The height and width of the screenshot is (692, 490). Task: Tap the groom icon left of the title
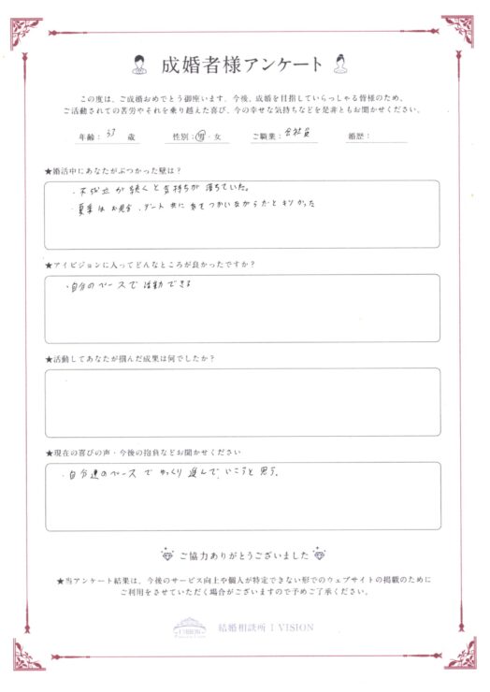pyautogui.click(x=138, y=65)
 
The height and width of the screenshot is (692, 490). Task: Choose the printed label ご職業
pyautogui.click(x=266, y=137)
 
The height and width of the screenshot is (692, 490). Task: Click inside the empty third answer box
pyautogui.click(x=242, y=402)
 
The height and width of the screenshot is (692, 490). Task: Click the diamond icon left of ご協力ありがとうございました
pyautogui.click(x=168, y=554)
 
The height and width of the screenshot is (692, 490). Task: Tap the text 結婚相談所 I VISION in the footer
pyautogui.click(x=265, y=627)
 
